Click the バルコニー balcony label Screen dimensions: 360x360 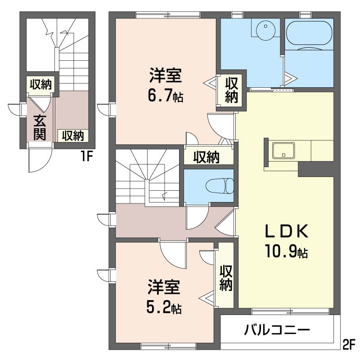coord(277,331)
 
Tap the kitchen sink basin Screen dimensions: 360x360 coord(283,150)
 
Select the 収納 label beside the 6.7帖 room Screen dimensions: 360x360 coord(231,90)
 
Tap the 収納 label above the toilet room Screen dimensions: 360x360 coord(207,157)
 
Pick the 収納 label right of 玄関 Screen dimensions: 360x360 coord(73,135)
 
